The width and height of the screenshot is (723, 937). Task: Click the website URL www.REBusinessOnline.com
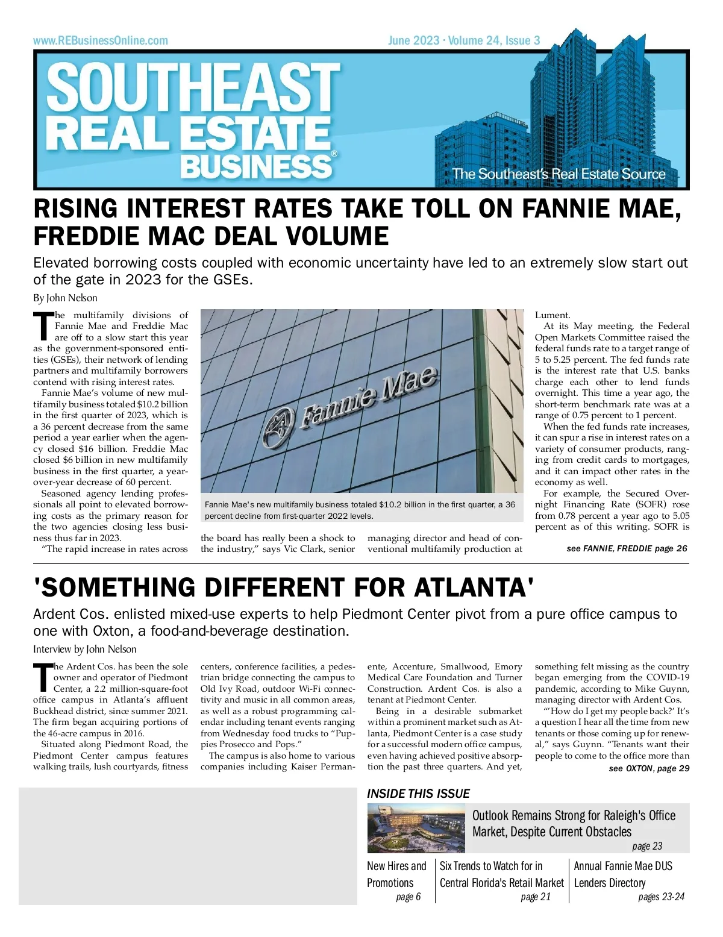(x=101, y=40)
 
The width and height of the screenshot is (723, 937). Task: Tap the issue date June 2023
(x=413, y=40)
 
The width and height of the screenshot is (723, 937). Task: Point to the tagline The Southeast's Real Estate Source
(x=559, y=174)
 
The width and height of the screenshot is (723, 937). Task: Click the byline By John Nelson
(x=65, y=298)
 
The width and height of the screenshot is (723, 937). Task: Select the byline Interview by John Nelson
(x=85, y=649)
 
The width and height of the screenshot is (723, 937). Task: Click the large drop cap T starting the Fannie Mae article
(x=43, y=327)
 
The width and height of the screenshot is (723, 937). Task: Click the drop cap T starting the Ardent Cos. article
(x=43, y=678)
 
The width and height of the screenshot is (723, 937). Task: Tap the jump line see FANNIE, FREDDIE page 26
(x=627, y=548)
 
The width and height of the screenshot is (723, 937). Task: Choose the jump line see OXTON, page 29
(x=649, y=768)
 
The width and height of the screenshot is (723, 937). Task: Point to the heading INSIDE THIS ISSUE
(x=418, y=794)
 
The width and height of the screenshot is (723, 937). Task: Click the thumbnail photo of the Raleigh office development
(x=416, y=829)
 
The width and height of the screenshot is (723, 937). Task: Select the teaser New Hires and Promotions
(x=396, y=874)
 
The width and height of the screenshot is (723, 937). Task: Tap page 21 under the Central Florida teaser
(x=536, y=897)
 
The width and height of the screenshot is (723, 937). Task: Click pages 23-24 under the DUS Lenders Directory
(x=661, y=897)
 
